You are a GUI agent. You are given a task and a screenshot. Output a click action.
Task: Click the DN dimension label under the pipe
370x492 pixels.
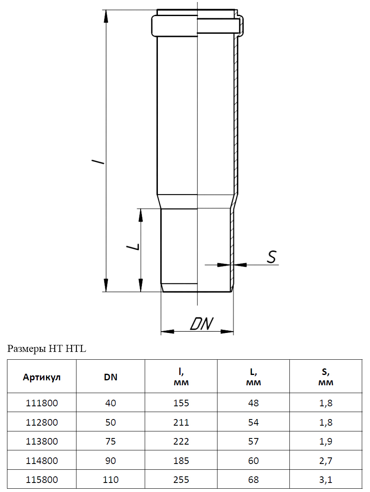click(x=202, y=324)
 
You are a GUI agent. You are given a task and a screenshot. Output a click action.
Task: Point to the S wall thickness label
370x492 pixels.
click(x=272, y=257)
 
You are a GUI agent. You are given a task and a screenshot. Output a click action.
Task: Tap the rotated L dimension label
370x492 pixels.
click(x=133, y=247)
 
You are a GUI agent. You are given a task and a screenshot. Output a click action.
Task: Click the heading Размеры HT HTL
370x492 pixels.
click(x=46, y=349)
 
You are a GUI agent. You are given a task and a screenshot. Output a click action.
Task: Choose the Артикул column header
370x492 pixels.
click(x=42, y=377)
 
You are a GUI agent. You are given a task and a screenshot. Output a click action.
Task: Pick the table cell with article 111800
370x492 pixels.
click(x=42, y=403)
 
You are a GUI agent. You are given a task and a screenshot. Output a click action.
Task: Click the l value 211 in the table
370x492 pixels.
click(x=181, y=422)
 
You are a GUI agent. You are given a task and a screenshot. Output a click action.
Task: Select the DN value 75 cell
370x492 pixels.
click(x=111, y=441)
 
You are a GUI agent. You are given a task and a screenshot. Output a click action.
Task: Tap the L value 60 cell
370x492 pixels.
click(x=253, y=461)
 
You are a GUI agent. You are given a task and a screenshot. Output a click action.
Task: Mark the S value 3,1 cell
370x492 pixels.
click(x=326, y=480)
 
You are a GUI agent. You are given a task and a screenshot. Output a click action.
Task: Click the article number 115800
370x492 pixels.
click(x=42, y=480)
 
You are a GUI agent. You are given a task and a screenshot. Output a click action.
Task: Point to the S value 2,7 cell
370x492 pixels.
click(x=326, y=461)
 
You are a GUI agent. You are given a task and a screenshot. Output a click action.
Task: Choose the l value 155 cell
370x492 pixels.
click(x=181, y=403)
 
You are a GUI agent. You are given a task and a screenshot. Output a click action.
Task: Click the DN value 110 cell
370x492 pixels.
click(x=111, y=480)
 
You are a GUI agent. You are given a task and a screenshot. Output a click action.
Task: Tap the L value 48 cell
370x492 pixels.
click(x=253, y=403)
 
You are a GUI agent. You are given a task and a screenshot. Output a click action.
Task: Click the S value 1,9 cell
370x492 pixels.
click(x=326, y=441)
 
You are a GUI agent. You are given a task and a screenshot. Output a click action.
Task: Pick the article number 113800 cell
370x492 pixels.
click(x=42, y=441)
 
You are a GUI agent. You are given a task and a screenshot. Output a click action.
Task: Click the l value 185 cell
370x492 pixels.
click(x=181, y=461)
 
